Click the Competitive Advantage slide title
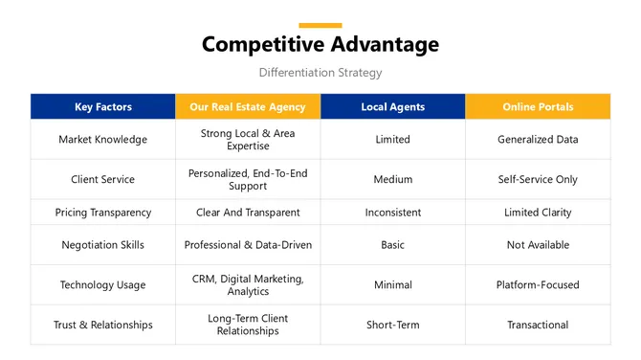pyautogui.click(x=320, y=45)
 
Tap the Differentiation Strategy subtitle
pyautogui.click(x=320, y=73)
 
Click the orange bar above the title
pyautogui.click(x=320, y=26)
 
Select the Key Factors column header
pyautogui.click(x=103, y=107)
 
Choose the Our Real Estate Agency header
pyautogui.click(x=248, y=107)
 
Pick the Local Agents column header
pyautogui.click(x=392, y=107)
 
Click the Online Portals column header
pyautogui.click(x=538, y=107)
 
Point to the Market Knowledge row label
pyautogui.click(x=103, y=140)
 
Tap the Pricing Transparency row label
pyautogui.click(x=103, y=213)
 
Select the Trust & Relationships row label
pyautogui.click(x=103, y=325)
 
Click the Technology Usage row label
pyautogui.click(x=103, y=285)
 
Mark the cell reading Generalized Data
pyautogui.click(x=538, y=140)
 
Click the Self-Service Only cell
pyautogui.click(x=538, y=179)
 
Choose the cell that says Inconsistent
pyautogui.click(x=392, y=213)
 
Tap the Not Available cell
pyautogui.click(x=538, y=245)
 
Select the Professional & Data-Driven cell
pyautogui.click(x=248, y=245)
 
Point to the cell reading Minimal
pyautogui.click(x=392, y=285)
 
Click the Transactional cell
pyautogui.click(x=538, y=325)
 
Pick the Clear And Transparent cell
pyautogui.click(x=248, y=213)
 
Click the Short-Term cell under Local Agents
pyautogui.click(x=392, y=325)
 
